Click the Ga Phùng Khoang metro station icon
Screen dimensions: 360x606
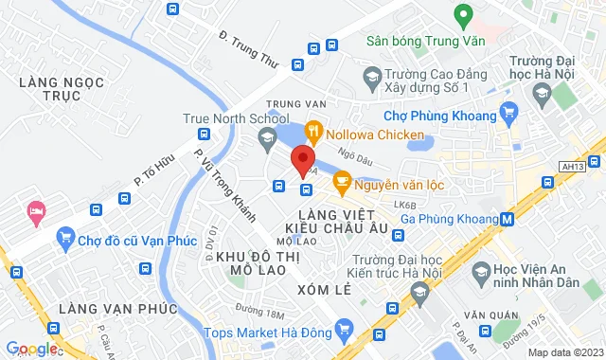click(508, 220)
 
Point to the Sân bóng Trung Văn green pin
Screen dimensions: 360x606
click(463, 15)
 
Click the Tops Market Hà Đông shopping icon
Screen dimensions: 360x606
click(343, 332)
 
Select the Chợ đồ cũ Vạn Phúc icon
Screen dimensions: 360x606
click(65, 237)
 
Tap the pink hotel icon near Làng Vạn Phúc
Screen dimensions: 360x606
click(37, 210)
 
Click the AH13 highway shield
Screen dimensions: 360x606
click(572, 166)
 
